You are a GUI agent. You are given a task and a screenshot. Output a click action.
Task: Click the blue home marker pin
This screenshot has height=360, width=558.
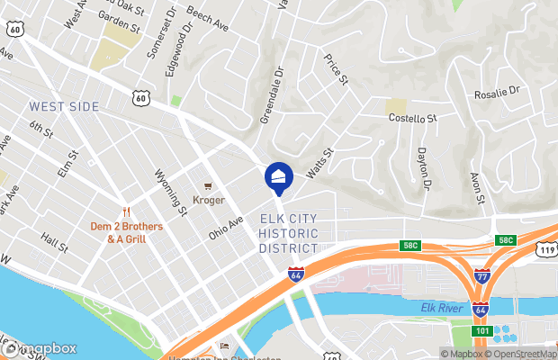pyautogui.click(x=278, y=176)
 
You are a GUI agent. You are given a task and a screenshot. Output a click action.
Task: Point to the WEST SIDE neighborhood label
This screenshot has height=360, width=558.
pyautogui.click(x=65, y=107)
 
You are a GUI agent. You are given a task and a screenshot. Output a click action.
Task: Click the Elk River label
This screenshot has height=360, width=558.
pyautogui.click(x=440, y=309)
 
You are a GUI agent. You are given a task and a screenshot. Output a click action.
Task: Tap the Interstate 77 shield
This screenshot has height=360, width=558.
pyautogui.click(x=482, y=276)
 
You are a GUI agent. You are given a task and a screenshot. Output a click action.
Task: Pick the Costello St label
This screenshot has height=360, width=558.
pyautogui.click(x=412, y=118)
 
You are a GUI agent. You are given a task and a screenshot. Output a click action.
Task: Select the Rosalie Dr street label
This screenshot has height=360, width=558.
pyautogui.click(x=498, y=91)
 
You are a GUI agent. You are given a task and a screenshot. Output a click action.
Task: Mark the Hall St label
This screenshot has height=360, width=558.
pyautogui.click(x=55, y=241)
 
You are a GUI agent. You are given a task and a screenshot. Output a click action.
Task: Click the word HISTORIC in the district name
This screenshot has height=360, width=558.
pyautogui.click(x=289, y=233)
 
